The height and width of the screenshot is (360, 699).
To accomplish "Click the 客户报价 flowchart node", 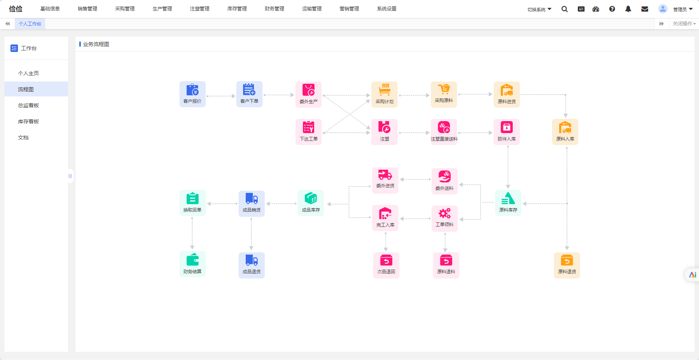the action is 193,94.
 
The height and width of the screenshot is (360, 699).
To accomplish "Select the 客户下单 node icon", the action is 249,94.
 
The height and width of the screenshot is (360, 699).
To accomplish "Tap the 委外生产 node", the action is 309,95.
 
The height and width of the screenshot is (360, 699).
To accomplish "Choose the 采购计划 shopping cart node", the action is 384,95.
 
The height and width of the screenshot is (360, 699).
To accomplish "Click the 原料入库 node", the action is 565,132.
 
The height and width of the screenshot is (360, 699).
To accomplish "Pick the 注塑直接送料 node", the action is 444,132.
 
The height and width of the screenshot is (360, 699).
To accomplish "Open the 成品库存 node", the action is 311,203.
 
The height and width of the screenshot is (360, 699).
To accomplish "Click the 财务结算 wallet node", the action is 193,264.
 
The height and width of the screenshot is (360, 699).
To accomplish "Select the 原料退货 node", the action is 567,265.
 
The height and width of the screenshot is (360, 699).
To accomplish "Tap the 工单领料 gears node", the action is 445,219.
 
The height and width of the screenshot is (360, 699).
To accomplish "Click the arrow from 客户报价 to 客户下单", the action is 221,96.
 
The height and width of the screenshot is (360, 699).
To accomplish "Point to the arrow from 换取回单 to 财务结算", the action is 192,233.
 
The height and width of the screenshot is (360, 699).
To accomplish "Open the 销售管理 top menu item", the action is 88,9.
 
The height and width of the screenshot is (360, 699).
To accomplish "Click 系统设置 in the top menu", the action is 387,9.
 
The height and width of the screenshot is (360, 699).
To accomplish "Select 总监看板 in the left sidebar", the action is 28,105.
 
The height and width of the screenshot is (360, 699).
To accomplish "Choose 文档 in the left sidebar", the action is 23,138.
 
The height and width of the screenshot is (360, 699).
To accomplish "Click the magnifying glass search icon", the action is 565,9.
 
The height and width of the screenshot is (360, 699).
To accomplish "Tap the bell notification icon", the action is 628,9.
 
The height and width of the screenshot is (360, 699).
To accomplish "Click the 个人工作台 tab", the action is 30,24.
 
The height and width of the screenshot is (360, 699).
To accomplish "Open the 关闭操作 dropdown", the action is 684,24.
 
